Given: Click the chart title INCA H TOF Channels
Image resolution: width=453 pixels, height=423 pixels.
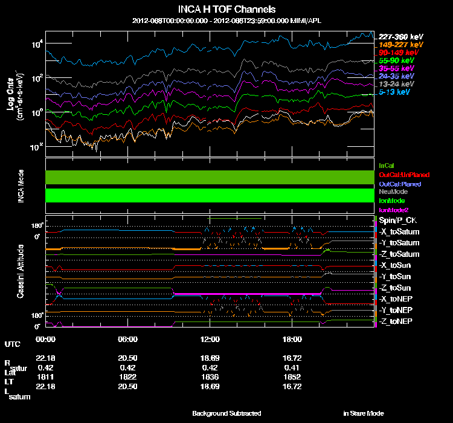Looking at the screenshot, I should click(x=226, y=10).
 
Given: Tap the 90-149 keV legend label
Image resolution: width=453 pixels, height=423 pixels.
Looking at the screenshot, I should click(x=396, y=53).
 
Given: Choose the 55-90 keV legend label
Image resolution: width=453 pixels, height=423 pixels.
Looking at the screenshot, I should click(x=396, y=61).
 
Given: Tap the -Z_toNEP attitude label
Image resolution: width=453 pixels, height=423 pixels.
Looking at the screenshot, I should click(x=396, y=321).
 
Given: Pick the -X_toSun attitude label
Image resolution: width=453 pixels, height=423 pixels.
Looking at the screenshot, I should click(x=395, y=265).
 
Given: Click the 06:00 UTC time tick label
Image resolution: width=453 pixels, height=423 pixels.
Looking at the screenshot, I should click(x=129, y=339).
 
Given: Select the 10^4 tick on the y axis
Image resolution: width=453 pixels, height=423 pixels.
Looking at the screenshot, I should click(x=36, y=44).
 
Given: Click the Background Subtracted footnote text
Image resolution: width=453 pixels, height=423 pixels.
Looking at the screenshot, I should click(x=226, y=413).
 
